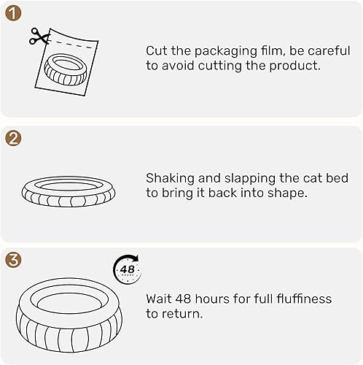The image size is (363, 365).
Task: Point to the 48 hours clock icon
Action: (126, 270)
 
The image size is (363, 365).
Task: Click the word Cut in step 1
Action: (156, 50)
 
